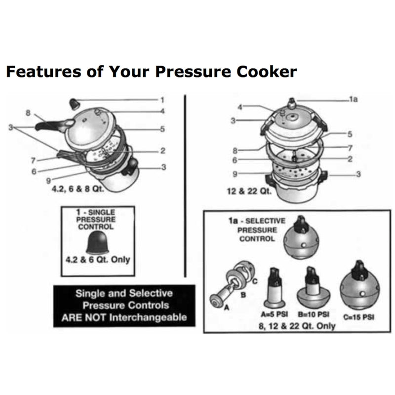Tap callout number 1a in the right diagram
[x=353, y=99]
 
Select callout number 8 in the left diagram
[x=28, y=113]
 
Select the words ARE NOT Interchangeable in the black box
[x=124, y=317]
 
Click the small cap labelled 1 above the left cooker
[x=75, y=103]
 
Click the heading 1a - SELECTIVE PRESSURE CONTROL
[x=256, y=230]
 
